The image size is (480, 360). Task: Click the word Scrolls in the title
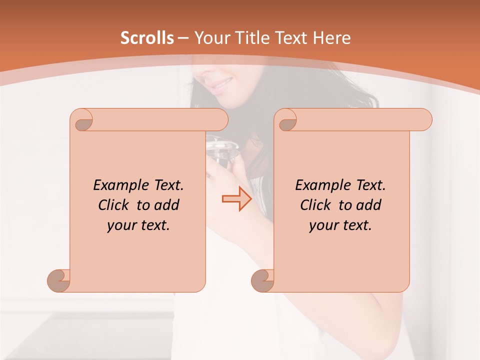147,38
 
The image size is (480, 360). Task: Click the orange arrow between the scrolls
236,199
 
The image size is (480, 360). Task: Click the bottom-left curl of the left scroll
59,281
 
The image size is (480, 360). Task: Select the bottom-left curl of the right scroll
263,281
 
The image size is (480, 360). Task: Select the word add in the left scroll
166,205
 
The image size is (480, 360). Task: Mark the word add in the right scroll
368,205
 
